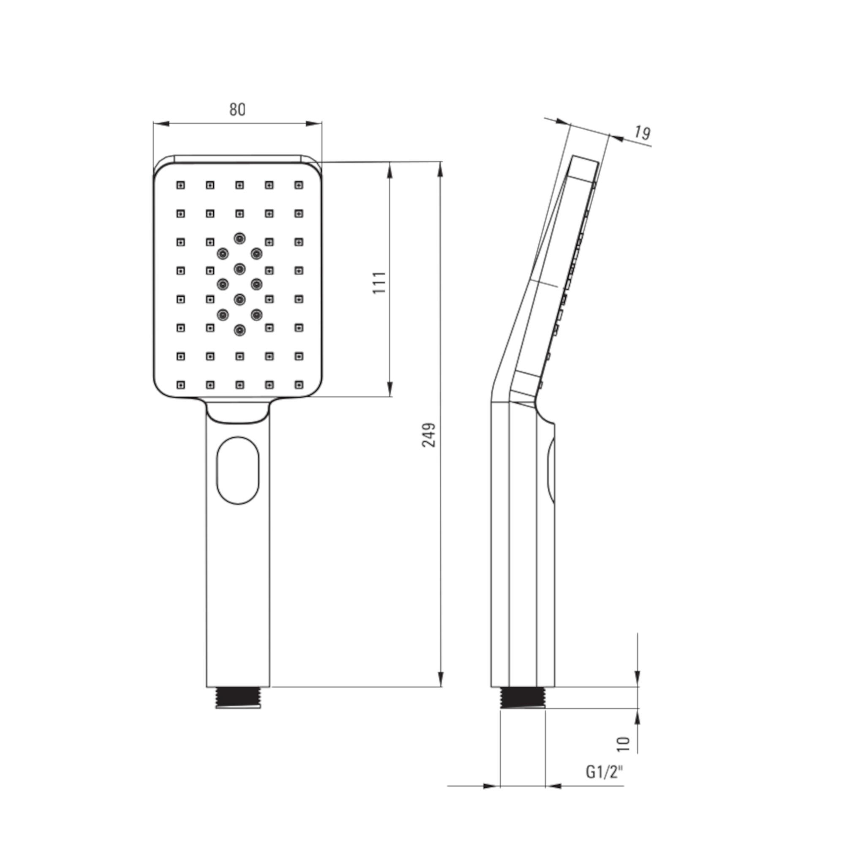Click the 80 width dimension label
pos(237,109)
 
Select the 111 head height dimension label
pos(380,283)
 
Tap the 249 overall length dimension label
pos(428,435)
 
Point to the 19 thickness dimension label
pos(642,133)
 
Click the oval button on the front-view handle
pos(238,471)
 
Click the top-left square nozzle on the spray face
pos(181,185)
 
